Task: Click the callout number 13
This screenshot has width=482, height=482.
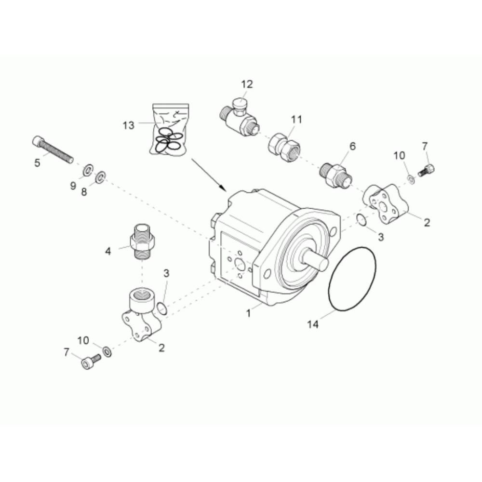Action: tap(129, 125)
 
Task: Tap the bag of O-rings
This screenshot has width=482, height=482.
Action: tap(169, 129)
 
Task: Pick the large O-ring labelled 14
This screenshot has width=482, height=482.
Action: tap(352, 279)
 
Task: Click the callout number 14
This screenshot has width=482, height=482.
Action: tap(313, 324)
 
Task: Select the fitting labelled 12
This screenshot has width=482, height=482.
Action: tap(240, 118)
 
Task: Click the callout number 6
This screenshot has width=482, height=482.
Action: tap(352, 146)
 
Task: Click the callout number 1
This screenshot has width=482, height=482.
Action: tap(249, 314)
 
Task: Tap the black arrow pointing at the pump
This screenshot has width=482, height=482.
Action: tap(209, 174)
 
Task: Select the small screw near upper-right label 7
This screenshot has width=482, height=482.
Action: tap(427, 170)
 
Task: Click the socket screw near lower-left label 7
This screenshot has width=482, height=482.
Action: tap(91, 361)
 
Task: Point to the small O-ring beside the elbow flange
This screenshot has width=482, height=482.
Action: tap(162, 308)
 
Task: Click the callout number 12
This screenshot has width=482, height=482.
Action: tap(247, 84)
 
